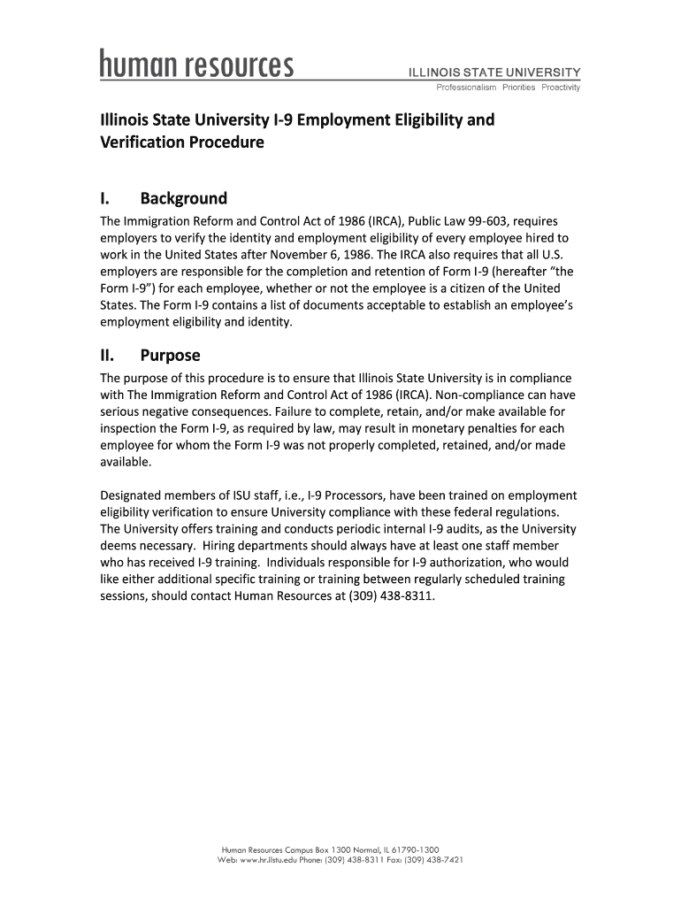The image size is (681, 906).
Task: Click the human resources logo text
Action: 195,65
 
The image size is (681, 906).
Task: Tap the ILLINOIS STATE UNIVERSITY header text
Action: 494,72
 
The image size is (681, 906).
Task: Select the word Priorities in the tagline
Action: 517,87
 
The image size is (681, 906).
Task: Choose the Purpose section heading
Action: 170,356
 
